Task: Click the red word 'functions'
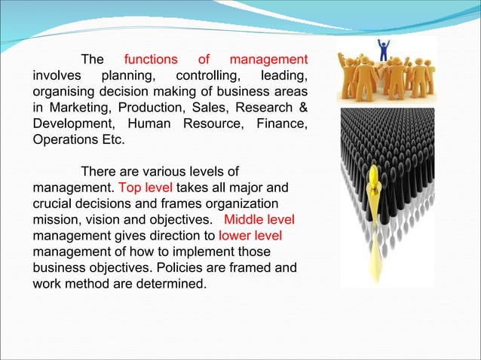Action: pos(151,59)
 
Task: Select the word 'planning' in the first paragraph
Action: pos(128,75)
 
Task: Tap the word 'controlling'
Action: pos(205,75)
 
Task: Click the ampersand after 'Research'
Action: pos(302,108)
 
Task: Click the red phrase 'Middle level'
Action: pos(259,220)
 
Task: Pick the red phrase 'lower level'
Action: pos(250,236)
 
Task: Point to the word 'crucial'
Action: pos(54,203)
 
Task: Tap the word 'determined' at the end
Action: pos(173,285)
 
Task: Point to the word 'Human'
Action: pos(150,124)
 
